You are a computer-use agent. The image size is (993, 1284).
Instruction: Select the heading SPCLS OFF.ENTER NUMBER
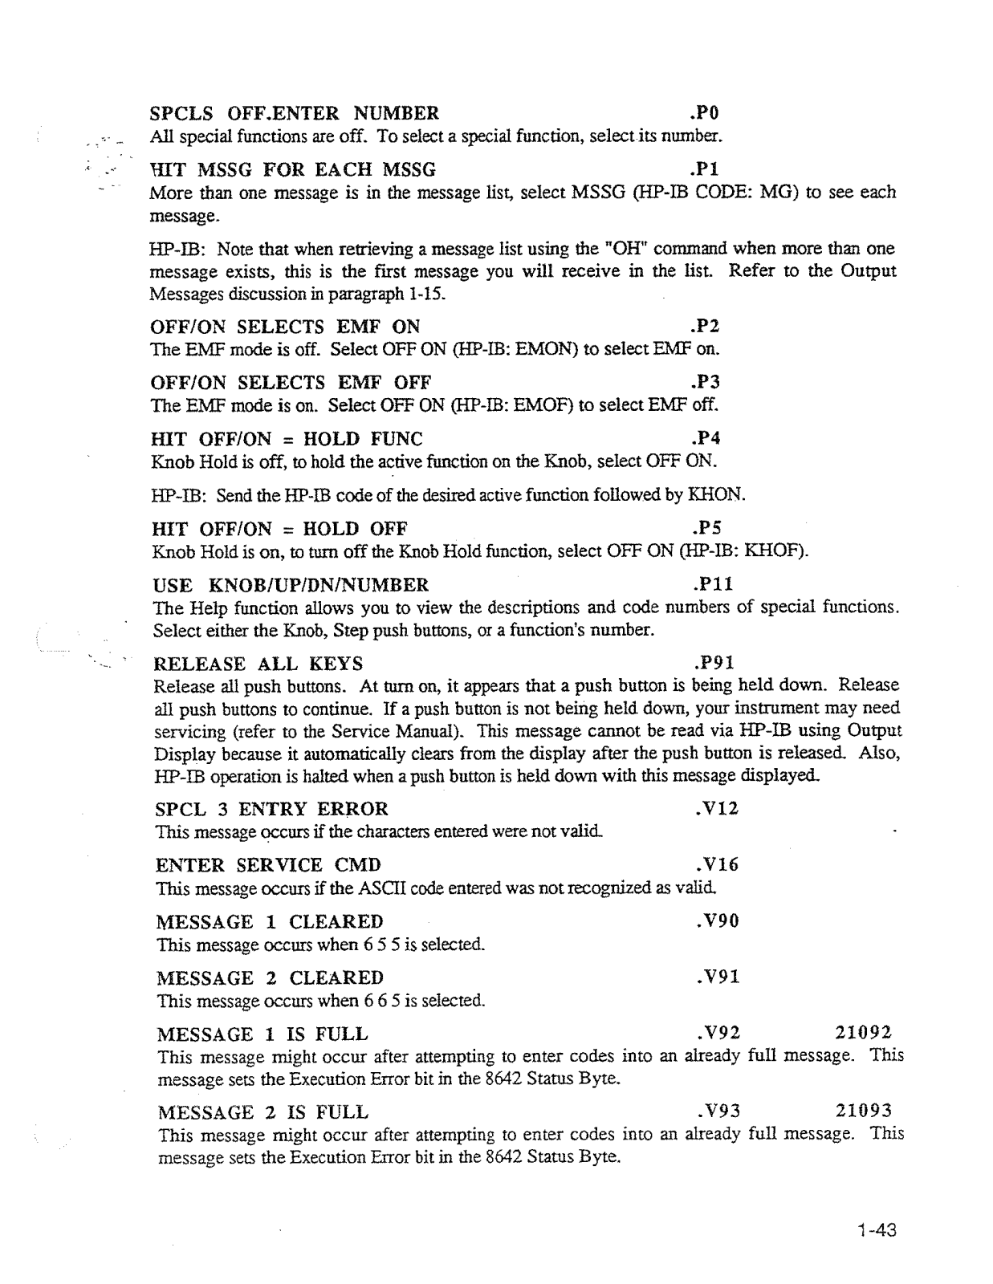coord(295,112)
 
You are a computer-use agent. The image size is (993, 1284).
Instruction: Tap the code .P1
coord(706,170)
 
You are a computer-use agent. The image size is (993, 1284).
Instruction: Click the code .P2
coord(706,327)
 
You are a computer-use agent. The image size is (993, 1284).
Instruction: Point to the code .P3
coord(706,382)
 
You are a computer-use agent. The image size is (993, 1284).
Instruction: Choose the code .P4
coord(706,439)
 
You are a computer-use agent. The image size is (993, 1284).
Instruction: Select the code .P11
coord(711,584)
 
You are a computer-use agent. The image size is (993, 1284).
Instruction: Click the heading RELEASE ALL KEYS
coord(258,664)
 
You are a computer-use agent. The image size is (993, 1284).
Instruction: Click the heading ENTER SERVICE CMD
coord(268,865)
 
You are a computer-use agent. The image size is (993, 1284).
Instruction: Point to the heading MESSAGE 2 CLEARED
coord(270,977)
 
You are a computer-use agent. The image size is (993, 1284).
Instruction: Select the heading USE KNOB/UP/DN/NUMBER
coord(290,584)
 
